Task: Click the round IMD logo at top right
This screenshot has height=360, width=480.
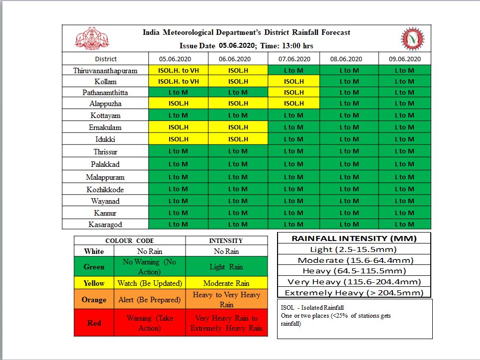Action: tap(412, 39)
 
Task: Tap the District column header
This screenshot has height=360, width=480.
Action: tap(105, 59)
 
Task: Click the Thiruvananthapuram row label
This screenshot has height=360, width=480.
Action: tap(105, 70)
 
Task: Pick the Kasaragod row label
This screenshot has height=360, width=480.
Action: tap(105, 225)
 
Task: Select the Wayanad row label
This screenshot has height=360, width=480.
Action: tap(105, 201)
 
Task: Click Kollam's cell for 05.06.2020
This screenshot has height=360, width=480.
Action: tap(178, 81)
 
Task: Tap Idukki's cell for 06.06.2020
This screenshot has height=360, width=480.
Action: tap(238, 139)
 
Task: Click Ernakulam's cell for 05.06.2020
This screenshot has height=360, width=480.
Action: tap(178, 127)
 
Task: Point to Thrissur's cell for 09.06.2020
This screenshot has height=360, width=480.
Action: tap(404, 151)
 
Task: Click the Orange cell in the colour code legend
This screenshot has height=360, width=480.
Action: tap(94, 300)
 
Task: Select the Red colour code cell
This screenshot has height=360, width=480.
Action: tap(94, 323)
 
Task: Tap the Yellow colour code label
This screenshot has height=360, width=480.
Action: tap(94, 283)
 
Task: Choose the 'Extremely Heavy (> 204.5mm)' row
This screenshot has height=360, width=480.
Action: tap(354, 293)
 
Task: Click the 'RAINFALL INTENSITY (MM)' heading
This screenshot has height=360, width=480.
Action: tap(354, 238)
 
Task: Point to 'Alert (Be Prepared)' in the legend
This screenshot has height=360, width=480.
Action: tap(149, 300)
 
